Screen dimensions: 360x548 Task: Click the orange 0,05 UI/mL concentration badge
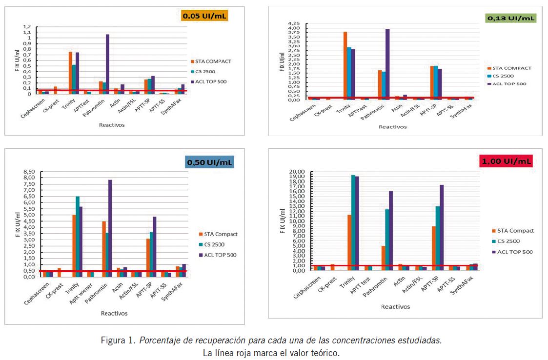(204, 16)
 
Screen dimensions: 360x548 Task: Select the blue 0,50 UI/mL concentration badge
(210, 161)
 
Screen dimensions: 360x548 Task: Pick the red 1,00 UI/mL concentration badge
(506, 161)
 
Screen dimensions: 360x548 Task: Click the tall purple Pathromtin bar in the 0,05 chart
(107, 63)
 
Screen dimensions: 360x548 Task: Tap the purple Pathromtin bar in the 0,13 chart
(387, 63)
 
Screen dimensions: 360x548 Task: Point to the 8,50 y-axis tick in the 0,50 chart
(29, 172)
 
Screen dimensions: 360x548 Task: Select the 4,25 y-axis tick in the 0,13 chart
(295, 23)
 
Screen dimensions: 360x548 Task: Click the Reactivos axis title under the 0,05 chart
(112, 125)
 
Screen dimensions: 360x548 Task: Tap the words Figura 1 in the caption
(119, 340)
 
